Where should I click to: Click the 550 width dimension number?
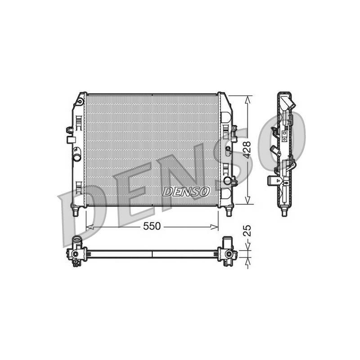152,226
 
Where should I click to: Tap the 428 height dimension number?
247,150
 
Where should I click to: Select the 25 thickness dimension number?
247,231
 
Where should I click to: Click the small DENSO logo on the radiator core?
186,192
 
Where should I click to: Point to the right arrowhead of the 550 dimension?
214,227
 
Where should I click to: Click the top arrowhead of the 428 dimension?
247,99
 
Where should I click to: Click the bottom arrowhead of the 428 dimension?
247,200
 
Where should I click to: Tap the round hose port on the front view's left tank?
77,158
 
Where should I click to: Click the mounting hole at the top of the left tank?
80,102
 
